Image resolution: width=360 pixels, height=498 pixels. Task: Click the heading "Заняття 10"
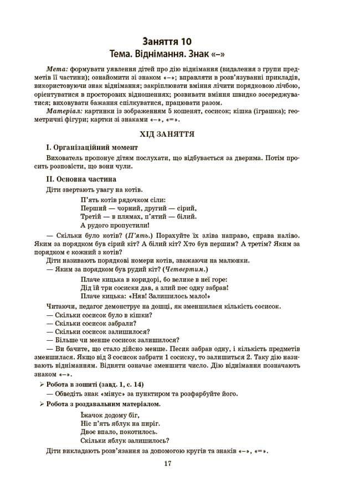[x=168, y=41]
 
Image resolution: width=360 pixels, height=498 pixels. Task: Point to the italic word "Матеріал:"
[x=64, y=111]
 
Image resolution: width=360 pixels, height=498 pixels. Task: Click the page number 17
[x=168, y=464]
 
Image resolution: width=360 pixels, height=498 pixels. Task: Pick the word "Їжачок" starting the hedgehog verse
[x=91, y=414]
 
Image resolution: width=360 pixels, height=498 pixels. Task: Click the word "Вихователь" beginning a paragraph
[x=66, y=158]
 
